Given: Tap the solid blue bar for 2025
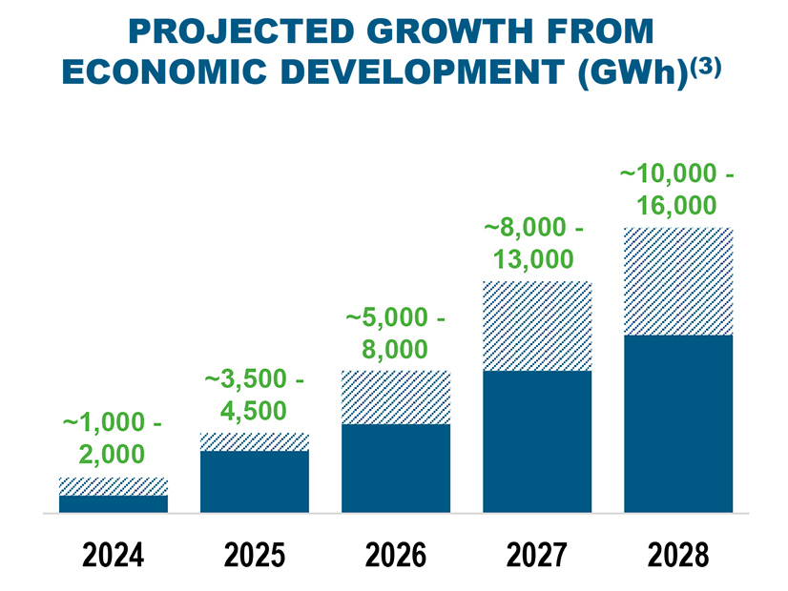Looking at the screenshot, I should point(255,481).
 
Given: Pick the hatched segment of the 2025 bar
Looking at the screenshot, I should point(255,441).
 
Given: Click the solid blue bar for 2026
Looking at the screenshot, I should point(396,468).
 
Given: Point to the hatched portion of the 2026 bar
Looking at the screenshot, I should point(396,397).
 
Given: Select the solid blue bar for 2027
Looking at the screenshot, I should point(537,441).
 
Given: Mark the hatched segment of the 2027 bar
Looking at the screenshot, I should point(537,326).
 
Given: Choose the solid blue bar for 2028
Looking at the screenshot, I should point(678,423).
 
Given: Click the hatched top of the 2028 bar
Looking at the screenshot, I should point(678,282).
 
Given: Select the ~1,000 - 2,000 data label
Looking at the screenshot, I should point(112,437).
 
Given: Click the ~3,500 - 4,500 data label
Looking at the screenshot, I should point(254,395).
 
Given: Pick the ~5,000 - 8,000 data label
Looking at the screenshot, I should point(395,333).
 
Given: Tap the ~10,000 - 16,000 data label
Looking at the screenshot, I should point(677,190).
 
